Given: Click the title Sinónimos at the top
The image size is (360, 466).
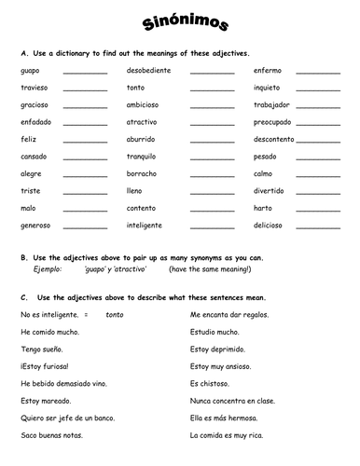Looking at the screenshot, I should pos(180,24).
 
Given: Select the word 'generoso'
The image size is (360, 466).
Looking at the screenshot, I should pos(35,225).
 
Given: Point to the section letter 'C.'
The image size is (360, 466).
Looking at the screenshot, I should pos(23,297).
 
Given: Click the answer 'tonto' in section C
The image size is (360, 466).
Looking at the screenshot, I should pos(114,315).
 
